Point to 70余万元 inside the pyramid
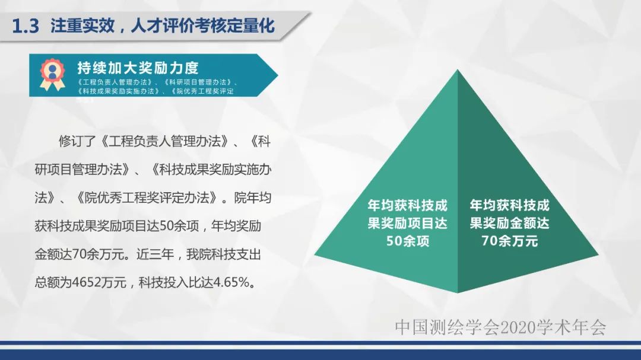tap(509, 241)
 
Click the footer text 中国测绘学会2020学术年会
tap(500, 327)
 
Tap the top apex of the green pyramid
tap(457, 70)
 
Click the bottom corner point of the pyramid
tap(457, 293)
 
